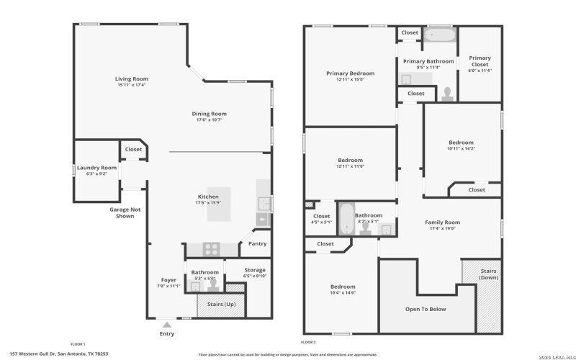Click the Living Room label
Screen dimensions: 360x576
point(132,78)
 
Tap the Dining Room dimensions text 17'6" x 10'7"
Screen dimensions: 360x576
point(209,120)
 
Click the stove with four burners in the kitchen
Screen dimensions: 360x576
point(211,249)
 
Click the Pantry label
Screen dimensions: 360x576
point(256,243)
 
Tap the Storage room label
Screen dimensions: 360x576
point(255,270)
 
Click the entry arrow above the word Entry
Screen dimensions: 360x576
point(167,325)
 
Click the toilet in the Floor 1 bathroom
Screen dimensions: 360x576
point(213,285)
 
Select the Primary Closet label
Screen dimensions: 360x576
point(480,61)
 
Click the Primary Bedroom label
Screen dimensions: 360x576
point(350,73)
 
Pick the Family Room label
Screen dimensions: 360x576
point(442,222)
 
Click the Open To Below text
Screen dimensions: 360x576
point(426,309)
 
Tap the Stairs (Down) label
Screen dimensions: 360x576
point(489,274)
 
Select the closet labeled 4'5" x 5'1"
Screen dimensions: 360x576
point(321,219)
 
